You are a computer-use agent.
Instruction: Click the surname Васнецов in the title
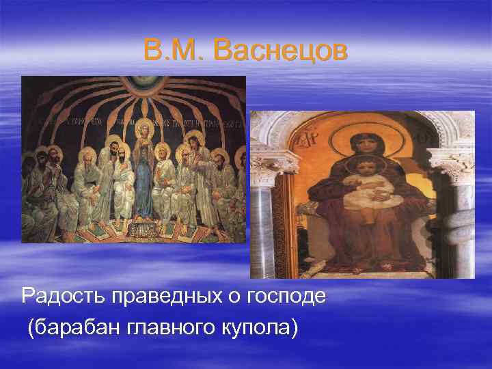pyautogui.click(x=279, y=51)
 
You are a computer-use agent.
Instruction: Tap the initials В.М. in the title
pyautogui.click(x=174, y=51)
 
